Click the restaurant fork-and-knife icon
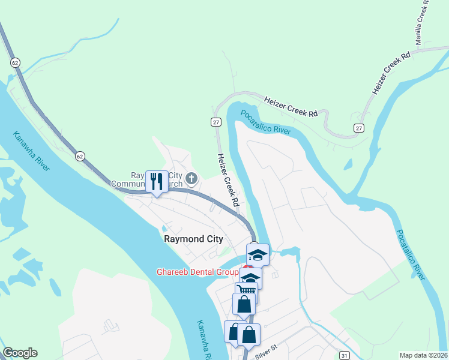(x=157, y=181)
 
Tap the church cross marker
(x=191, y=178)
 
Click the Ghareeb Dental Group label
(x=197, y=272)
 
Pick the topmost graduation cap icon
(x=258, y=254)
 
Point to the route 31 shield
(x=344, y=355)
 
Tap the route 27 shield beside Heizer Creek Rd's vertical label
(x=216, y=122)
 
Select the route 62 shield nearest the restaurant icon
(x=80, y=156)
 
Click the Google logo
(x=20, y=353)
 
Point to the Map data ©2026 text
(x=424, y=355)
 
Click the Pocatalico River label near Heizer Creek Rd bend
(x=266, y=122)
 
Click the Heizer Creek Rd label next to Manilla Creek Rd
(x=391, y=72)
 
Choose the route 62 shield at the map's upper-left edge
(x=14, y=62)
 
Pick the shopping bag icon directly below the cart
(x=244, y=304)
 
